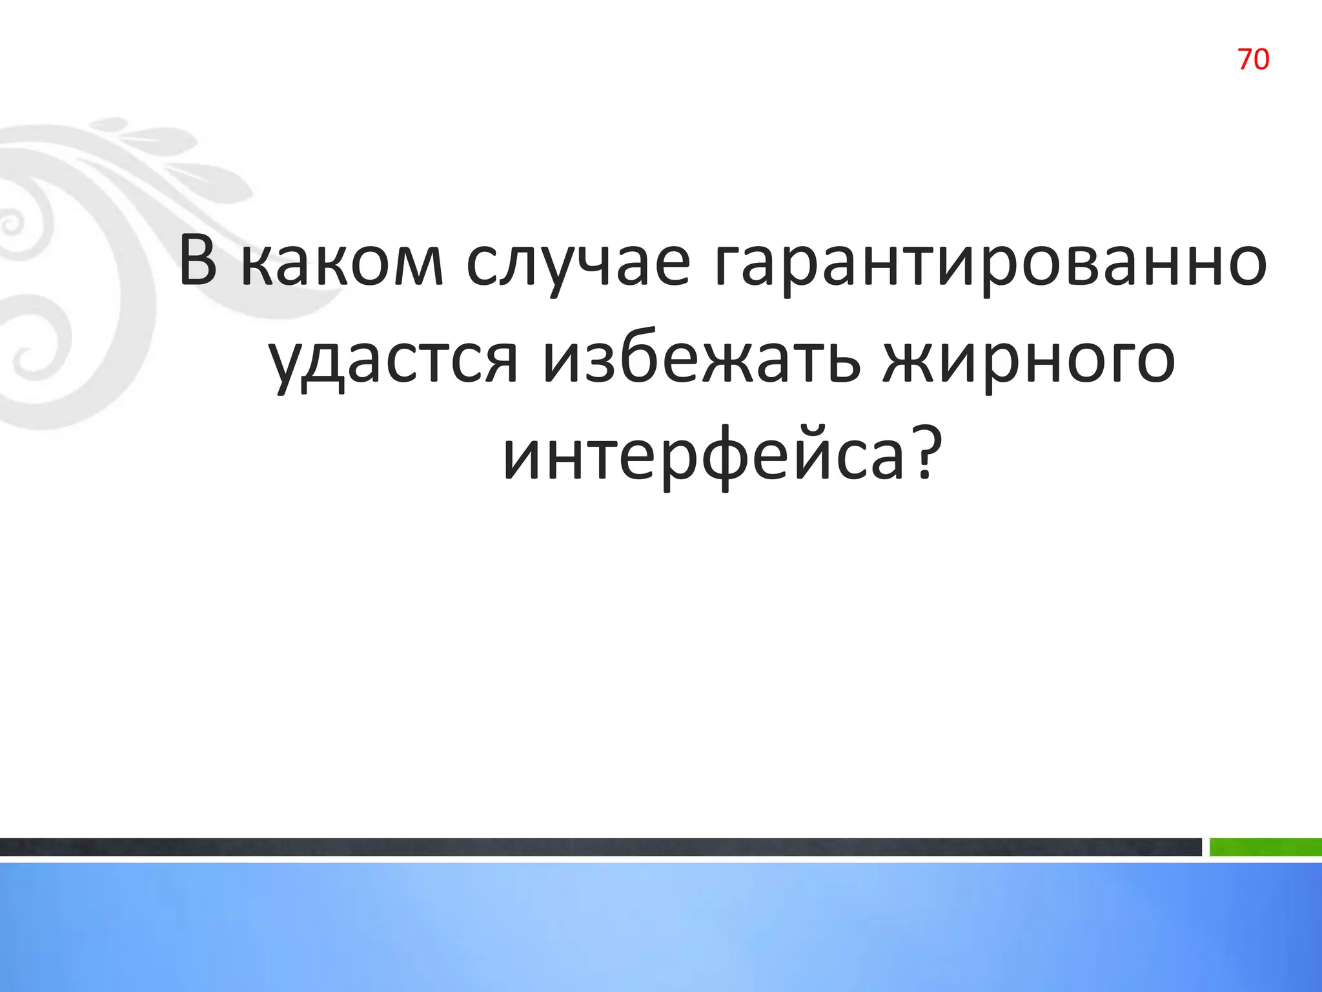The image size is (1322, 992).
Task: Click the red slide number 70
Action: pyautogui.click(x=1253, y=59)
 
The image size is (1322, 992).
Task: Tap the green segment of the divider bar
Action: pyautogui.click(x=1265, y=847)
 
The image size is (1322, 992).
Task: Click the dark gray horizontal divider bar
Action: pyautogui.click(x=600, y=847)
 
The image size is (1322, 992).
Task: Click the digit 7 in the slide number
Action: pyautogui.click(x=1245, y=59)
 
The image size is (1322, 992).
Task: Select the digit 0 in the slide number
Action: pyautogui.click(x=1261, y=59)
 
